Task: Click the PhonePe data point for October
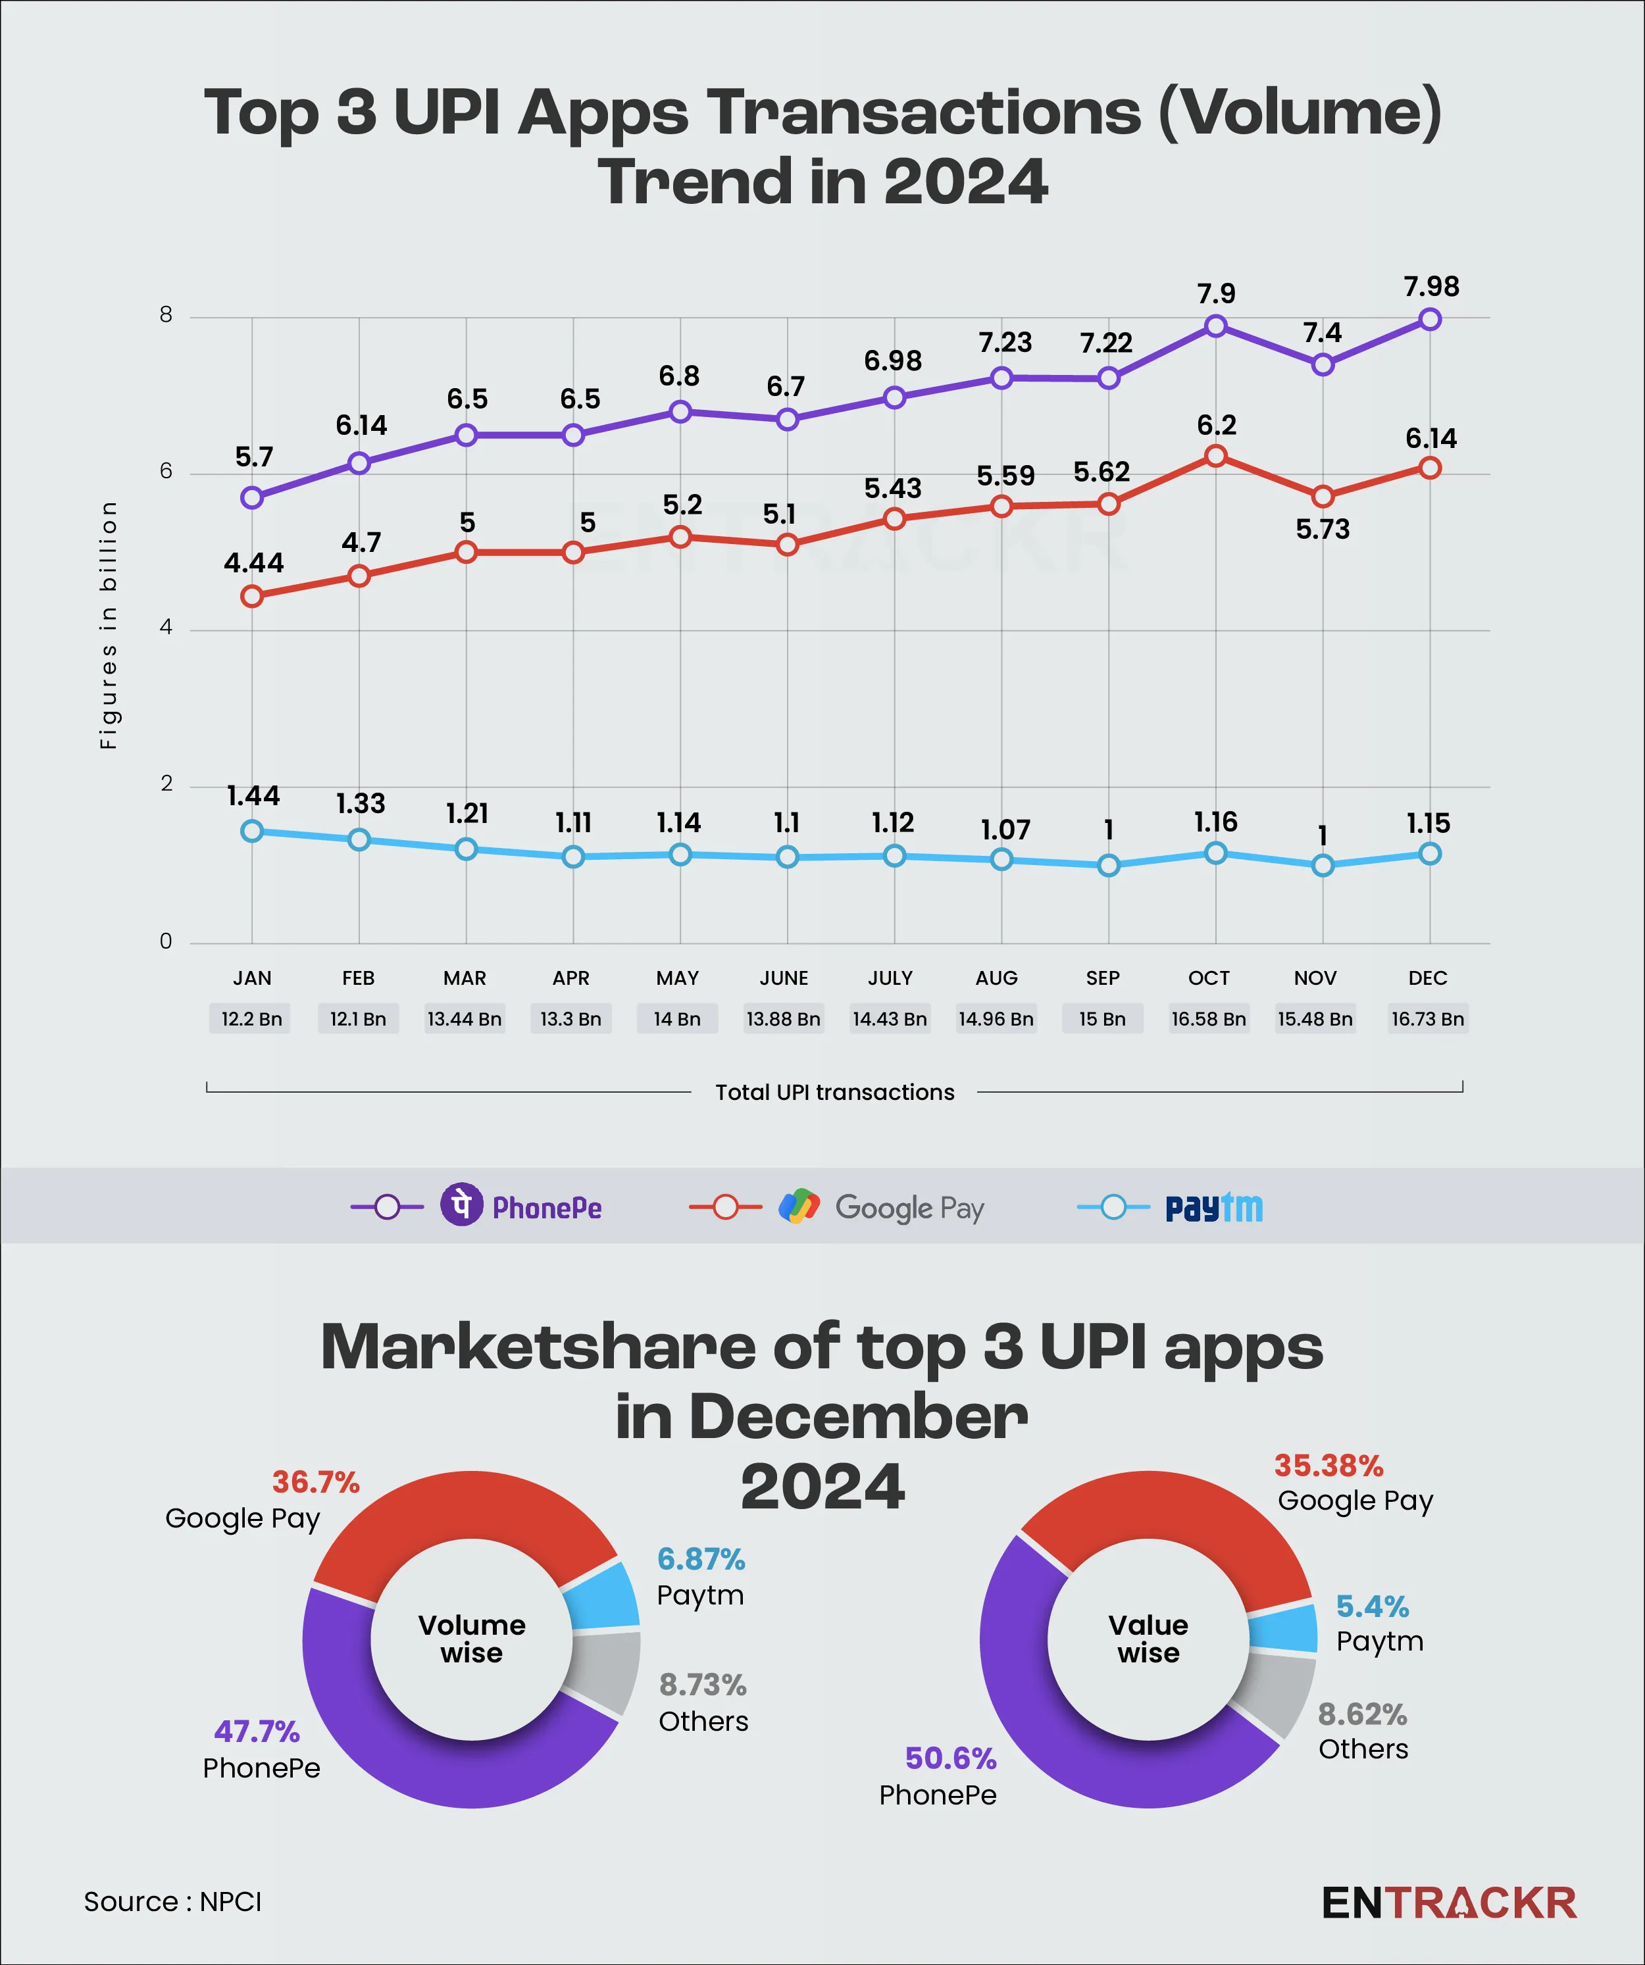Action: click(x=1215, y=326)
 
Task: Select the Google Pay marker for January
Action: click(x=252, y=596)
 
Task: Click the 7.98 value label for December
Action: click(x=1430, y=286)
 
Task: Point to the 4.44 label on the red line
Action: click(x=253, y=563)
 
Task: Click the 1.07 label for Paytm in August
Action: click(x=1005, y=830)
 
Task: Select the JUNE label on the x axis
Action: click(x=784, y=978)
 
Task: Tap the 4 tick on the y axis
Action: click(x=166, y=628)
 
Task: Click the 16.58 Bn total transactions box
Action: click(x=1208, y=1019)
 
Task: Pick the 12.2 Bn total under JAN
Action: click(x=251, y=1019)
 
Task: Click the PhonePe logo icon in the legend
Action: click(x=461, y=1205)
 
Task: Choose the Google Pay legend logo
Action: click(x=799, y=1207)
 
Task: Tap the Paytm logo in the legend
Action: click(x=1213, y=1208)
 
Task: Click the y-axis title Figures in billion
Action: click(x=109, y=625)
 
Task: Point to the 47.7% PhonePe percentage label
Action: click(x=257, y=1732)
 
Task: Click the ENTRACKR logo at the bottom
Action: click(x=1448, y=1903)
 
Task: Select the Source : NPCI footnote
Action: click(x=172, y=1903)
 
